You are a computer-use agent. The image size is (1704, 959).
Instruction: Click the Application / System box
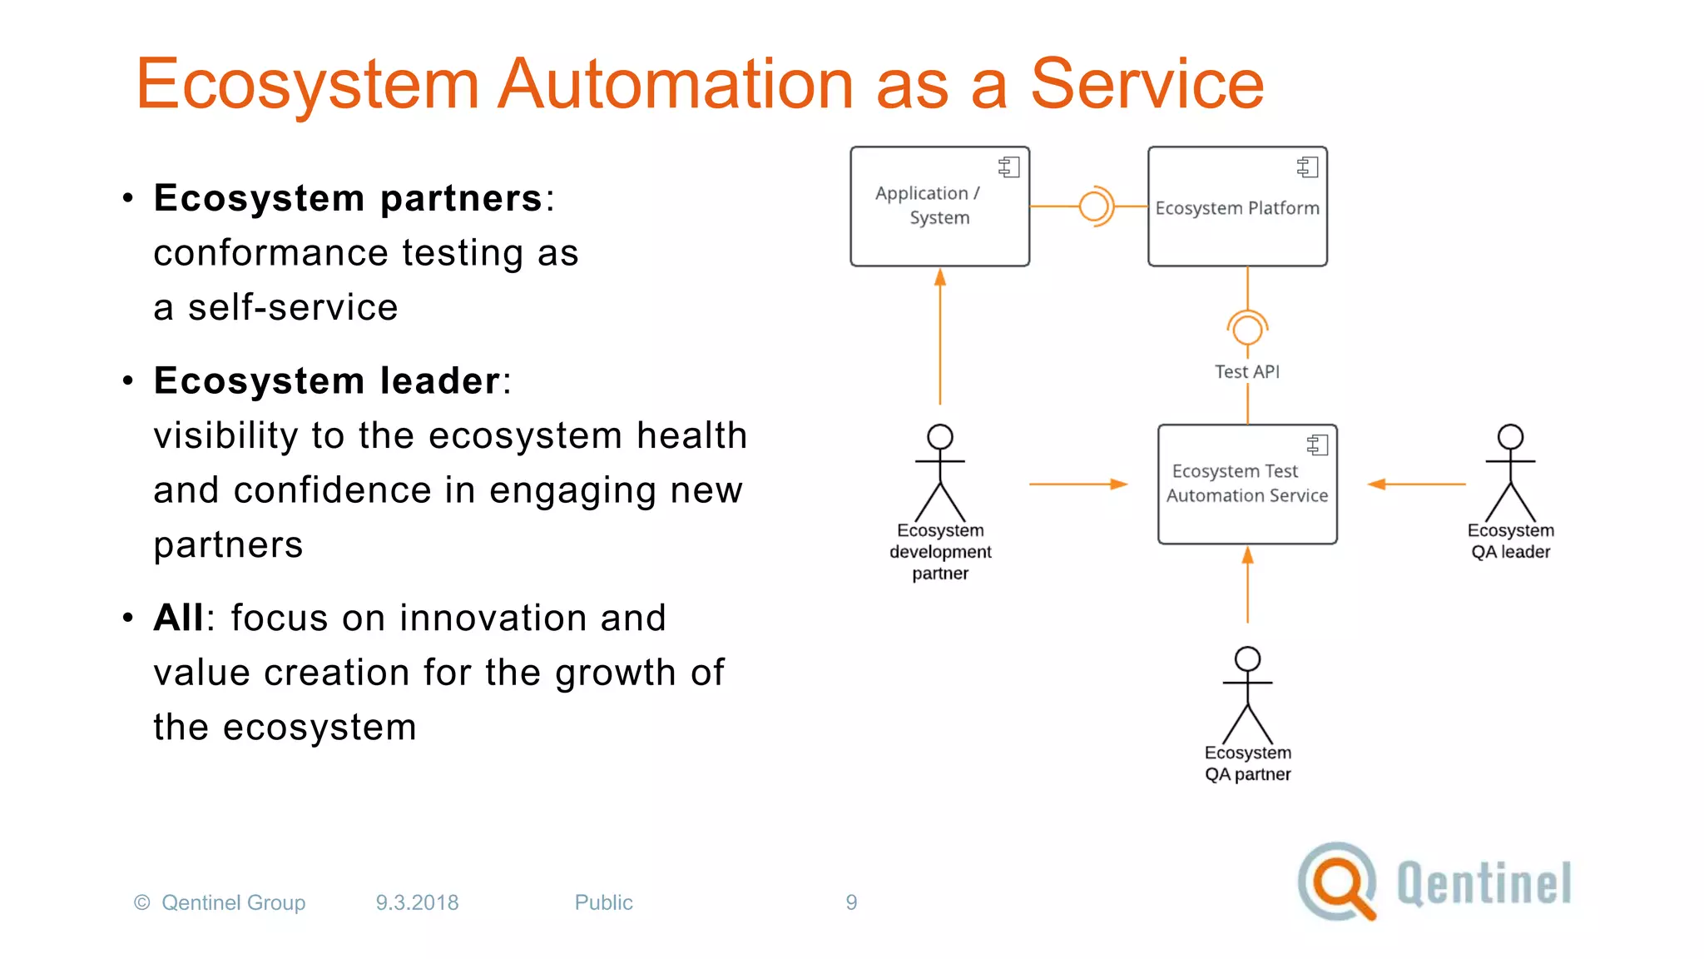click(x=939, y=206)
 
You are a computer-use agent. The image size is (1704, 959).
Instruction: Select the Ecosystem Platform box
click(x=1237, y=207)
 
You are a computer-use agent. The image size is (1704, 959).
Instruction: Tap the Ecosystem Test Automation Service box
click(x=1247, y=484)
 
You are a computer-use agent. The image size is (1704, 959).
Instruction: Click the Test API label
click(x=1246, y=371)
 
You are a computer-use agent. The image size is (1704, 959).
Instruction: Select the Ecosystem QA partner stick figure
click(x=1247, y=695)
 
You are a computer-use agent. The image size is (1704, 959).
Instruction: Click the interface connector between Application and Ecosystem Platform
click(x=1095, y=206)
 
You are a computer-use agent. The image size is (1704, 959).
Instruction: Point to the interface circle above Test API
click(x=1247, y=329)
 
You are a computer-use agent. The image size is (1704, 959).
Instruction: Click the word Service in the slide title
click(x=1147, y=84)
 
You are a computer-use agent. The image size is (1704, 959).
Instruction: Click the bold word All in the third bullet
click(x=178, y=618)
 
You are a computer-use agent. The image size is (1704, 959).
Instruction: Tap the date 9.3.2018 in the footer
click(x=417, y=902)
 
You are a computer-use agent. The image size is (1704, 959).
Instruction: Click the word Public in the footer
click(x=603, y=902)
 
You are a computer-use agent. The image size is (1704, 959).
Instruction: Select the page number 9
click(x=851, y=902)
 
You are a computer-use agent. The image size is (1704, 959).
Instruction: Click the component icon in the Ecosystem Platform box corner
click(x=1307, y=167)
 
